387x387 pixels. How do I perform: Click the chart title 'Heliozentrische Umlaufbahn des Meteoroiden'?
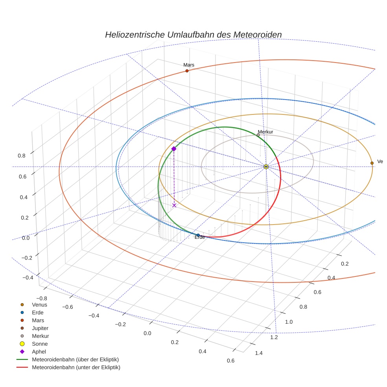click(x=193, y=35)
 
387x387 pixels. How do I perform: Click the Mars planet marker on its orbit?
click(x=187, y=71)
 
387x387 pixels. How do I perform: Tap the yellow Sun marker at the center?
click(x=266, y=167)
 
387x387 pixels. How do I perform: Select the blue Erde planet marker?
click(x=198, y=235)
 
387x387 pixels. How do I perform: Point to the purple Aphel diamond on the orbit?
click(x=174, y=149)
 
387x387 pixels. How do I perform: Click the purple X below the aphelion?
click(x=174, y=205)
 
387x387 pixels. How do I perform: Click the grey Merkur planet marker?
click(x=258, y=135)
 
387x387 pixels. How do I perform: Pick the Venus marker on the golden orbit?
click(x=372, y=163)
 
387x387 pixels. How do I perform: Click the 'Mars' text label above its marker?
click(x=189, y=65)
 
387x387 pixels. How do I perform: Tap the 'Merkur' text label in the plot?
click(x=265, y=132)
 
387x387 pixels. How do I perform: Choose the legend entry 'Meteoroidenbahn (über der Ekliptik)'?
click(x=75, y=359)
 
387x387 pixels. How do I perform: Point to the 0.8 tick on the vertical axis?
click(x=22, y=155)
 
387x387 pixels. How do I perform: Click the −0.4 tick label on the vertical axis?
click(x=28, y=278)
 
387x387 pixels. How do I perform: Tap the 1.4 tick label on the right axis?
click(x=258, y=353)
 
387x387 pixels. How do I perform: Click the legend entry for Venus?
click(x=39, y=304)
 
